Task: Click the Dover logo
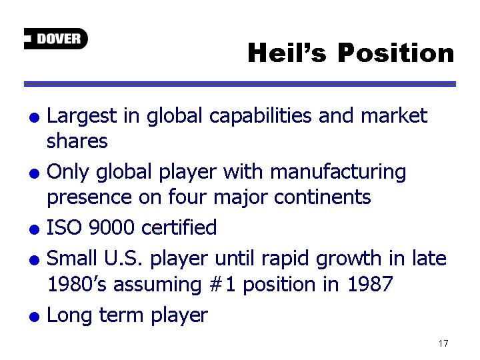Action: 56,39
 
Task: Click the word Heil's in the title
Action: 287,53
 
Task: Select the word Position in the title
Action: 396,53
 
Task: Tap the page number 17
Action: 443,343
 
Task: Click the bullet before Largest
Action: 34,117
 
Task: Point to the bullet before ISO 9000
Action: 34,229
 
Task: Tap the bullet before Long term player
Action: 34,317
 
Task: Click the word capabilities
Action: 261,117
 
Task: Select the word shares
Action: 77,141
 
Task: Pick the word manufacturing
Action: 338,173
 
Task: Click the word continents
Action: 323,197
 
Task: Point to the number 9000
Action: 111,227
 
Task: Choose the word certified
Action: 179,227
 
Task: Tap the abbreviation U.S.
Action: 123,258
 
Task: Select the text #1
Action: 223,284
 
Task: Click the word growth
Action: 349,259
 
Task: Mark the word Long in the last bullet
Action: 69,316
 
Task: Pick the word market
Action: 394,115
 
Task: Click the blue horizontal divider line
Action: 240,84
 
